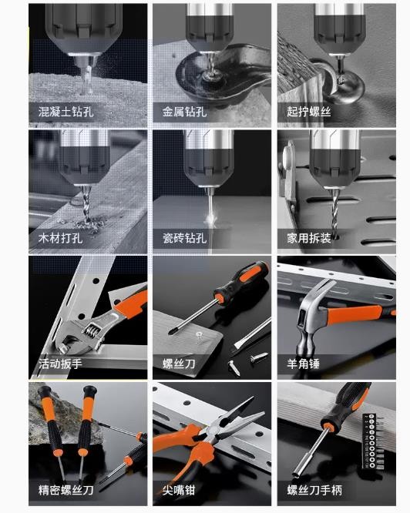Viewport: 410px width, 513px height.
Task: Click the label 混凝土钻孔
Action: (66, 112)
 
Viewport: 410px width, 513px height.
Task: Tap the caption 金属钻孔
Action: (184, 112)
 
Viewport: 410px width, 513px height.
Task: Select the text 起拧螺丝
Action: (309, 112)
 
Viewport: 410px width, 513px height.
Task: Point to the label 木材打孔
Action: (60, 238)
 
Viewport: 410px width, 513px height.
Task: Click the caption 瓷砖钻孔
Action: (184, 238)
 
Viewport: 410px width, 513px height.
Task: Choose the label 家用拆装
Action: (309, 238)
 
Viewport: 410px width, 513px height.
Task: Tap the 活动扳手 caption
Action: (60, 364)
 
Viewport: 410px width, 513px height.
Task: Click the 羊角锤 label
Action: (304, 364)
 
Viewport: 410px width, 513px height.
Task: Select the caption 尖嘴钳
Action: (179, 490)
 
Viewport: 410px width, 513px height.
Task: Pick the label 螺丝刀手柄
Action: (314, 490)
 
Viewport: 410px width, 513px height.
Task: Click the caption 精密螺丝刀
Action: (66, 490)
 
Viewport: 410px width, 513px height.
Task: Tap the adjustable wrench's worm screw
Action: (92, 331)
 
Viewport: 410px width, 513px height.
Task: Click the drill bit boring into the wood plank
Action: (86, 206)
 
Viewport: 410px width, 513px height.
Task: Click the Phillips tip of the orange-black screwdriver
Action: (171, 331)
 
